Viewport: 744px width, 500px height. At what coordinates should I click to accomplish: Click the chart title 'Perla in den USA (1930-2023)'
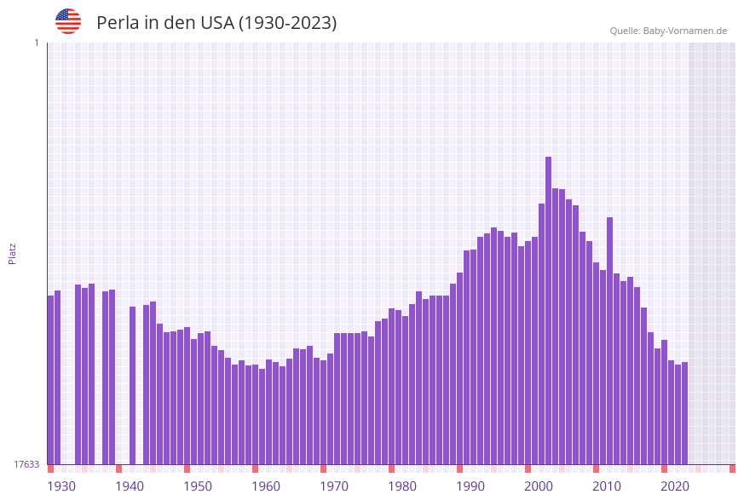coord(216,23)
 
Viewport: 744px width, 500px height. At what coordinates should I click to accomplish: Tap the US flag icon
coord(68,21)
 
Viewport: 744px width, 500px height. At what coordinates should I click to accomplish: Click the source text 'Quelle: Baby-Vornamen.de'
coord(668,31)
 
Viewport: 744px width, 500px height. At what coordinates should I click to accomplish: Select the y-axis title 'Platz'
coord(12,253)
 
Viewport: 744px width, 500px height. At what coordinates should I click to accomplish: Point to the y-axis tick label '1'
coord(36,43)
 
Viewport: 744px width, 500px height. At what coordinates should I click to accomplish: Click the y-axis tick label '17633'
coord(26,464)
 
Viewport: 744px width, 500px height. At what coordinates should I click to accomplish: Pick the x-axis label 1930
coord(61,486)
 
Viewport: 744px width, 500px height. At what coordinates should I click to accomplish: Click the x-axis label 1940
coord(130,486)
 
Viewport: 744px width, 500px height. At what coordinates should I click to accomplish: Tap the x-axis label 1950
coord(198,486)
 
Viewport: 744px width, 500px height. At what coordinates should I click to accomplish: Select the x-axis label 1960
coord(266,486)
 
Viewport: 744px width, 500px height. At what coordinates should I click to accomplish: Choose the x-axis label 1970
coord(334,486)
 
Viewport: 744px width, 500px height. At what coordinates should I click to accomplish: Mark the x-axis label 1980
coord(402,486)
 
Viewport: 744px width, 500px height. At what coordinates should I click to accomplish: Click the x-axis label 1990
coord(470,486)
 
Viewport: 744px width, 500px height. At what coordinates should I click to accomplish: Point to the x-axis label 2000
coord(539,486)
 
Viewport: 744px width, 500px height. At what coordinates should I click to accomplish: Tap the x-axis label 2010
coord(607,486)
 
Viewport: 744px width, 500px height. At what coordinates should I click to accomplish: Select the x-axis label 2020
coord(675,486)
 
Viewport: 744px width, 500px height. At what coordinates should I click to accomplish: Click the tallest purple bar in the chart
coord(548,311)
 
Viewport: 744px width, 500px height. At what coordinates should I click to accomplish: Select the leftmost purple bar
coord(50,380)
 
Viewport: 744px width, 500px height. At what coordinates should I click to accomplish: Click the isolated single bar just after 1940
coord(132,385)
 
